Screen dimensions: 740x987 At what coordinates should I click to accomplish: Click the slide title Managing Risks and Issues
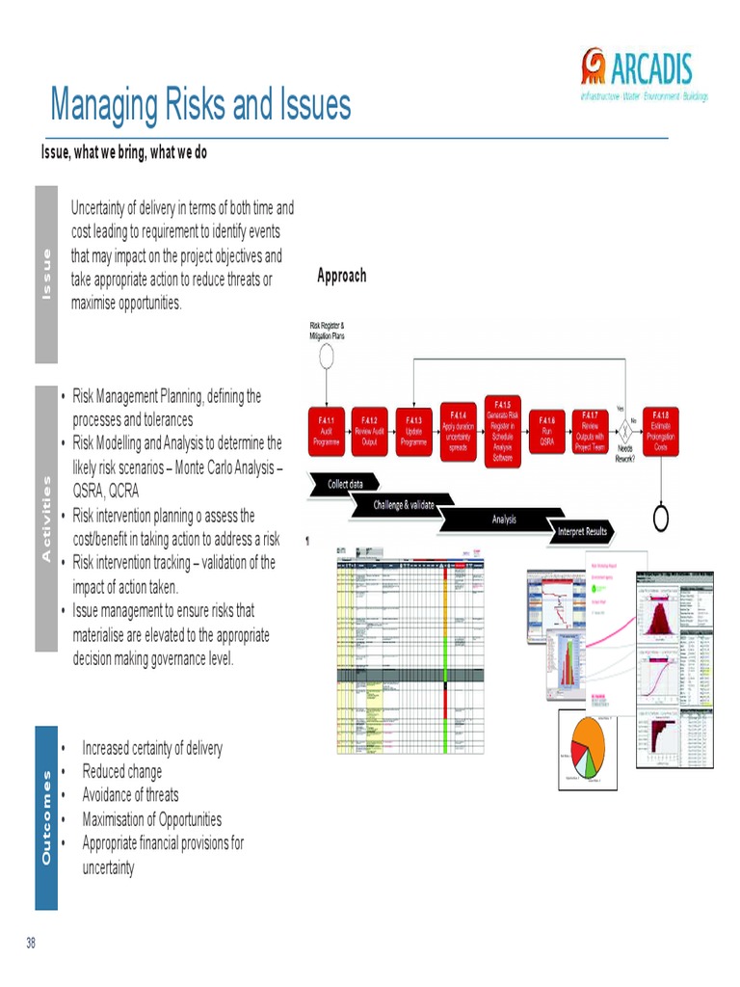tap(200, 105)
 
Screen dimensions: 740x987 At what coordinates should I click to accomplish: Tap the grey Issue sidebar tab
tap(45, 274)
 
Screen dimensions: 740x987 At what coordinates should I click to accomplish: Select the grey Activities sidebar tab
tap(45, 518)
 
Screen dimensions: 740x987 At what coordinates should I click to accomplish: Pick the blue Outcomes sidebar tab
tap(45, 818)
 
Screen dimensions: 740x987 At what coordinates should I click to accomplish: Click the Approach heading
tap(342, 276)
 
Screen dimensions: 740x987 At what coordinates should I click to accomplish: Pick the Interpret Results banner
tap(582, 531)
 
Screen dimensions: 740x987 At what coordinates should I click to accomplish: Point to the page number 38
tap(31, 943)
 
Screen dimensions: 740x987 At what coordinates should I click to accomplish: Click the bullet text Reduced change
tap(122, 772)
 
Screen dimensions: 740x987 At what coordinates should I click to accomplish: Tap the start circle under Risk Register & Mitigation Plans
tap(327, 357)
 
